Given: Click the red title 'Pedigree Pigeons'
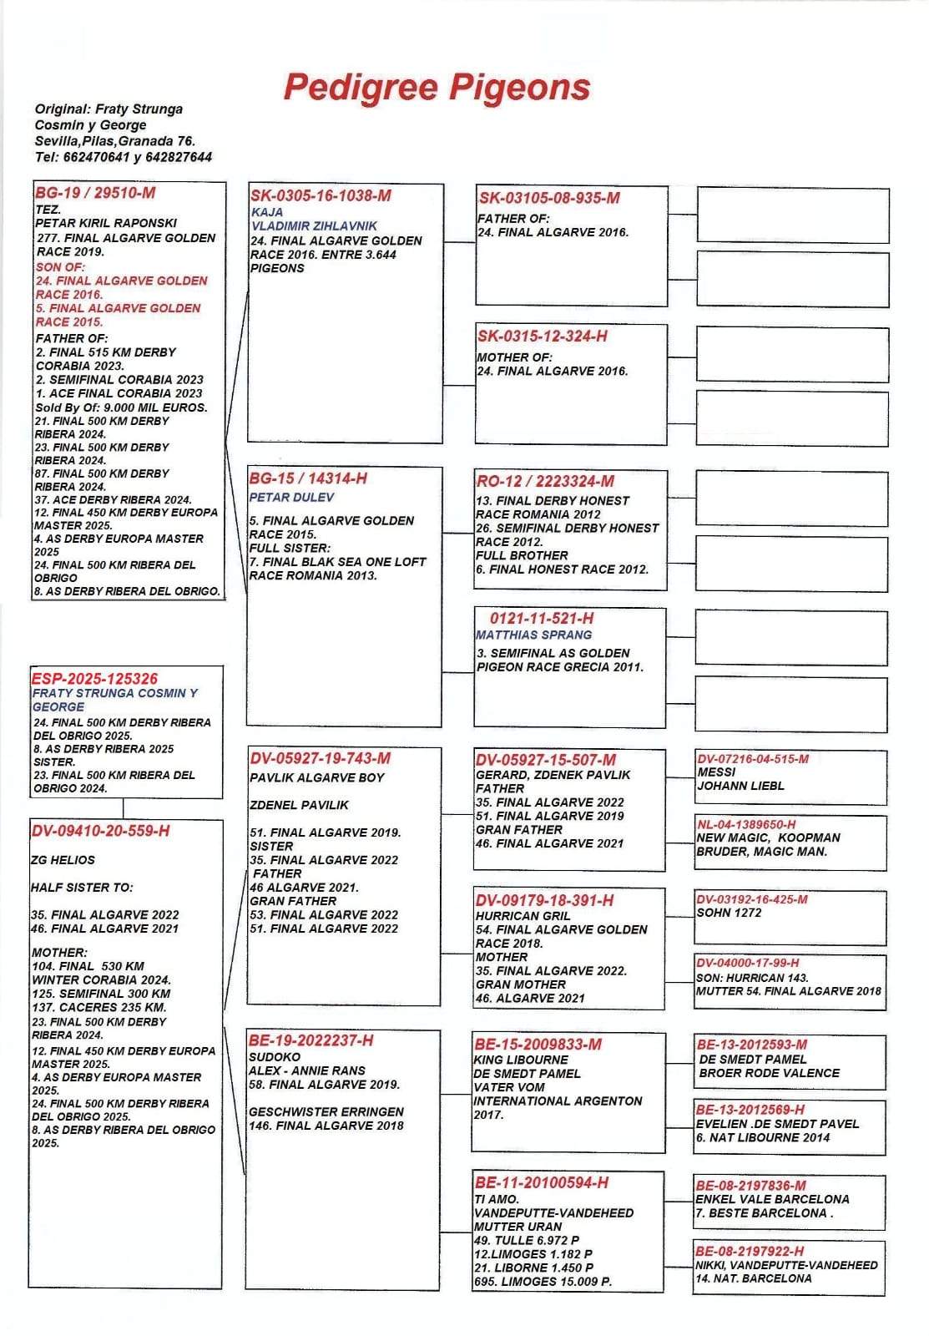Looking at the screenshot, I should (x=437, y=88).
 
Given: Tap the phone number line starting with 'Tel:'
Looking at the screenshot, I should (x=123, y=157).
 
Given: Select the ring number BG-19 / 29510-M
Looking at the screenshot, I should (x=95, y=193).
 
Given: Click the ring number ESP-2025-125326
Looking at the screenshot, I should (x=94, y=679).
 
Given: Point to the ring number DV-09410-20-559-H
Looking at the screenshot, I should (x=100, y=831).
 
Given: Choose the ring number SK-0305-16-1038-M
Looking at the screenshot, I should (x=321, y=196).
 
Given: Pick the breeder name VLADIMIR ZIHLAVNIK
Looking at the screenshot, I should (x=314, y=226).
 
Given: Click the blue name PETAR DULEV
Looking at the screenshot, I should (x=291, y=498).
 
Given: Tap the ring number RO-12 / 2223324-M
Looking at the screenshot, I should (x=545, y=482).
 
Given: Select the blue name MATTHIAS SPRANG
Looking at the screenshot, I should (x=533, y=635).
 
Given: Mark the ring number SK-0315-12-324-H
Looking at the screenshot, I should (x=543, y=337).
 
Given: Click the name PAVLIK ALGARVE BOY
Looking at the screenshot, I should (x=317, y=778).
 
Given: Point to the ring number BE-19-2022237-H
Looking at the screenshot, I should (x=311, y=1040).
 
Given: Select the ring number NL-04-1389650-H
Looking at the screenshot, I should (x=746, y=824).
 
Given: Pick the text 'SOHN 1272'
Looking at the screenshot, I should (x=729, y=913).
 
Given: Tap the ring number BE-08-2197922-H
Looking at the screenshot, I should (x=750, y=1251).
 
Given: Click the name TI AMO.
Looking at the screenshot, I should (x=497, y=1199).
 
